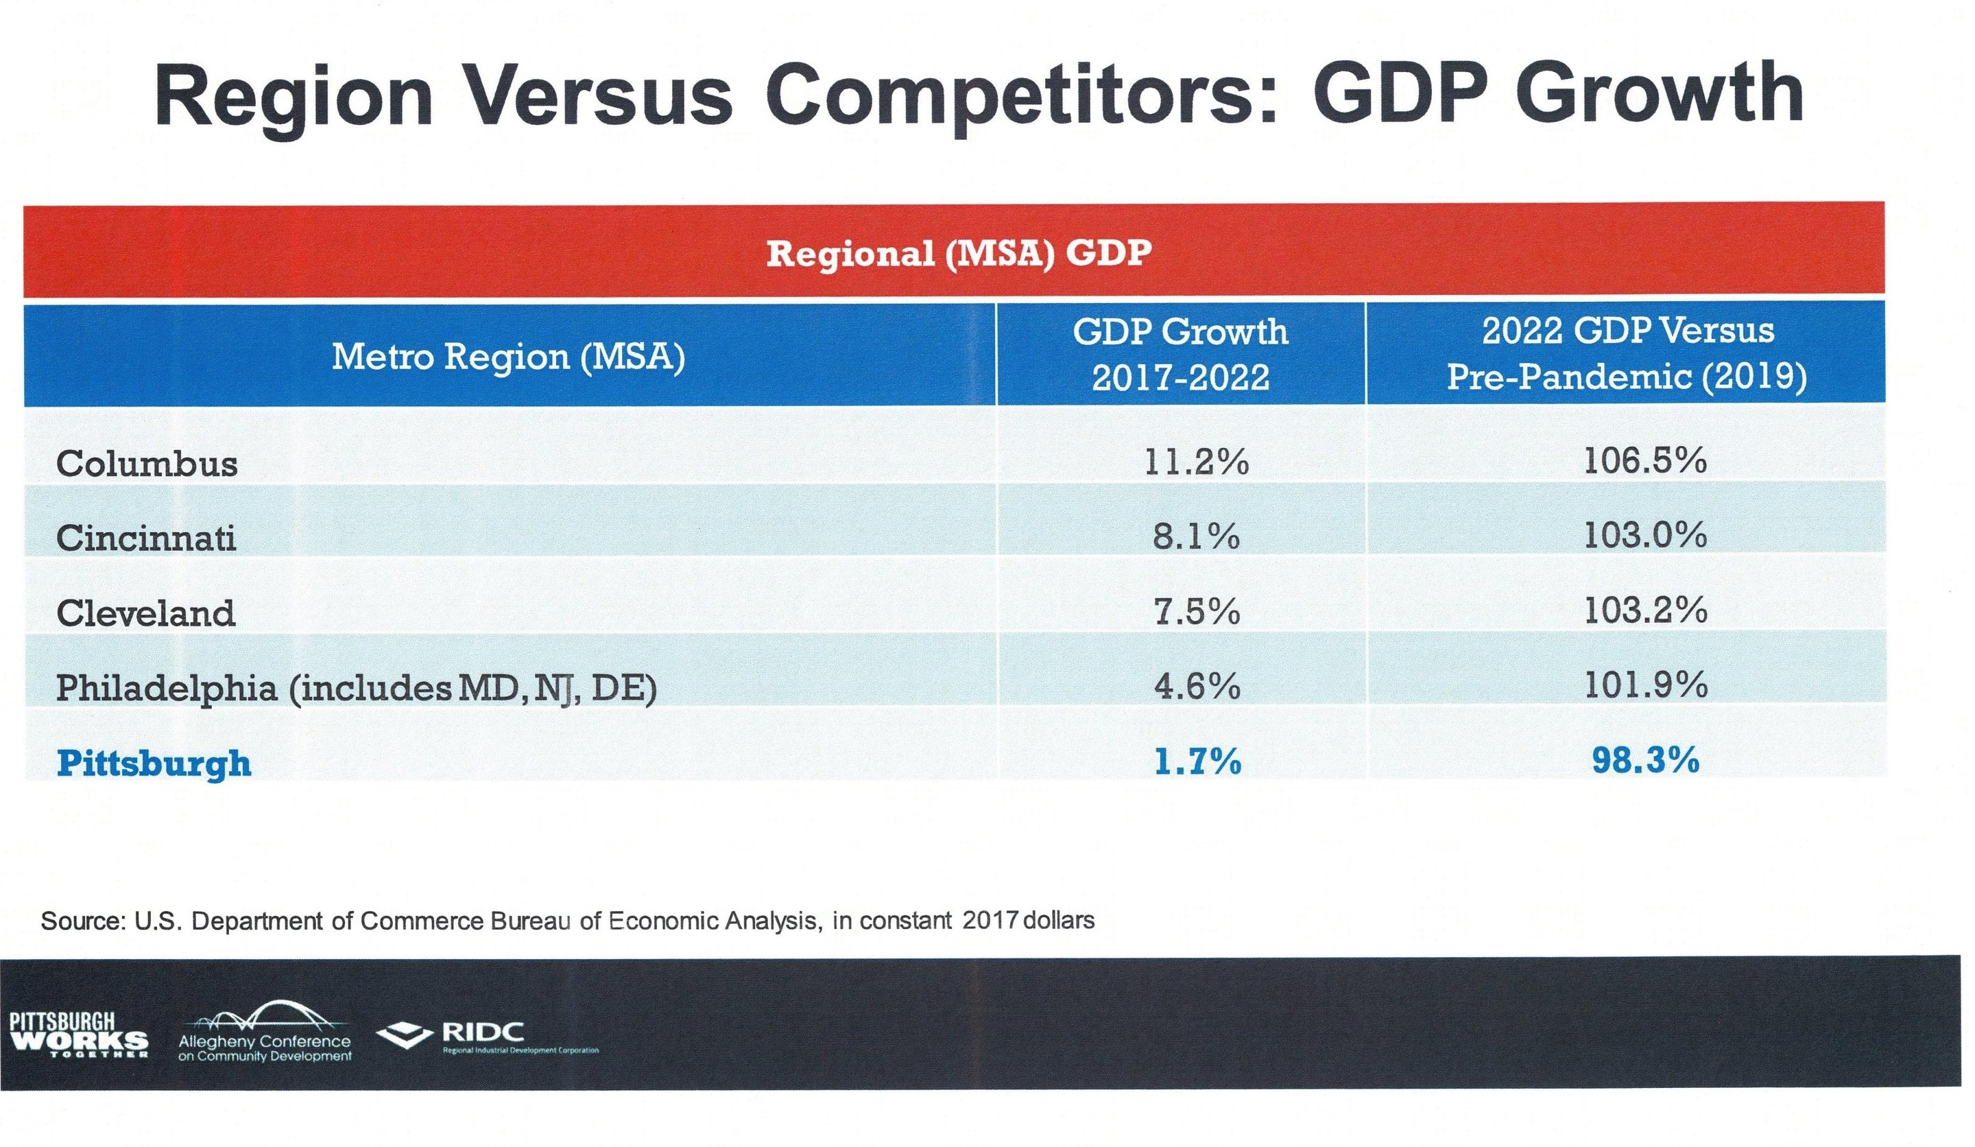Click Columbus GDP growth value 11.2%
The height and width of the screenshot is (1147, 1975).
coord(1196,462)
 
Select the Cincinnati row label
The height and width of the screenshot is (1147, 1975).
coord(146,538)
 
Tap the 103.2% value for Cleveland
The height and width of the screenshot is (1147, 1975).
coord(1645,610)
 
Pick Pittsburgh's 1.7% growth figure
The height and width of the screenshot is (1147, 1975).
coord(1197,761)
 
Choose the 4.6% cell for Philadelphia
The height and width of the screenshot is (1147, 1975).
coord(1197,686)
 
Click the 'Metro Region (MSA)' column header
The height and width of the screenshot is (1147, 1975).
coord(509,357)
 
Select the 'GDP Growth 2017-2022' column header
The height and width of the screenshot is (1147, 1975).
coord(1180,355)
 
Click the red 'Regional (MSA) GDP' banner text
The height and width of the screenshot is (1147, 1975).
coord(959,253)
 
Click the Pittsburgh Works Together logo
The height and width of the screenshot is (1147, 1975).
coord(78,1035)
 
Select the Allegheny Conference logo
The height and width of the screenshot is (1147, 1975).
coord(265,1032)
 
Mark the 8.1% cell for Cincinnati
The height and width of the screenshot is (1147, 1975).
coord(1197,536)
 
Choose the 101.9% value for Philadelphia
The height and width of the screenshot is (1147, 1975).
coord(1645,685)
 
